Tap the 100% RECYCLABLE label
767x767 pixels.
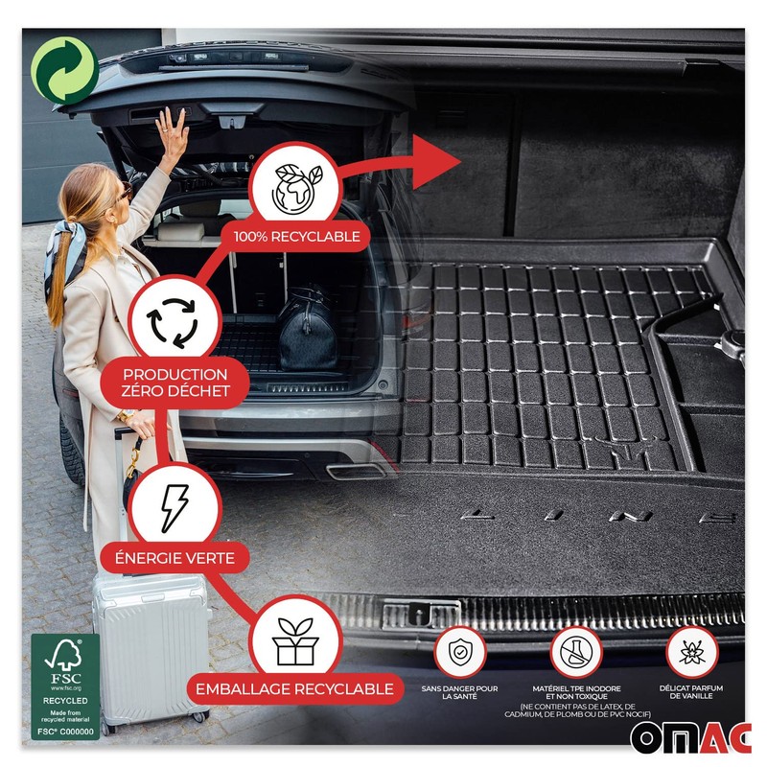pyautogui.click(x=296, y=235)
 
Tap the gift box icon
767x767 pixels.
pyautogui.click(x=295, y=640)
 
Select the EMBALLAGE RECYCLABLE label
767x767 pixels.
pyautogui.click(x=295, y=688)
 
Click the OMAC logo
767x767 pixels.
pyautogui.click(x=691, y=737)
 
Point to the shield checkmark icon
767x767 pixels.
pyautogui.click(x=459, y=651)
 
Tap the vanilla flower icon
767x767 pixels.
pyautogui.click(x=691, y=651)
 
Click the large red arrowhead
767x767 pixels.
pyautogui.click(x=435, y=156)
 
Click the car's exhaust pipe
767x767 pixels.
pyautogui.click(x=345, y=471)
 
